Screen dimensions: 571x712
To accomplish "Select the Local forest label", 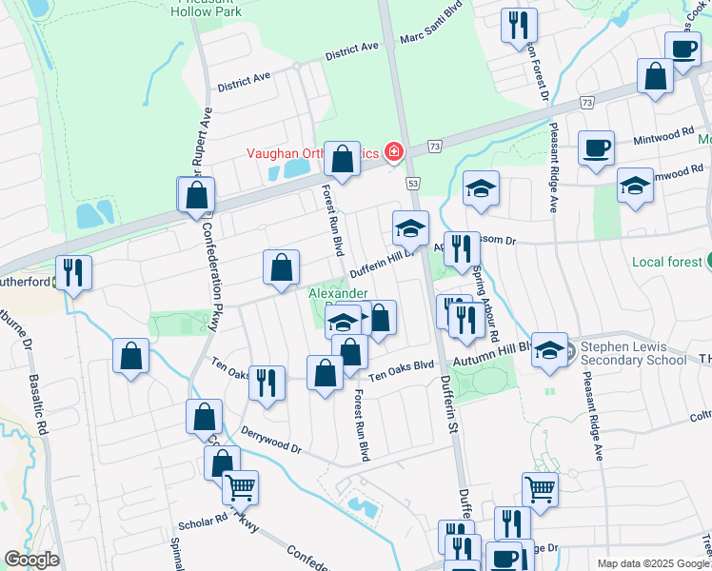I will pos(663,261).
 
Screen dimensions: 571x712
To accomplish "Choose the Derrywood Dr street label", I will pos(271,440).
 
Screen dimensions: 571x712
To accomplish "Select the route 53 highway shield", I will pos(412,181).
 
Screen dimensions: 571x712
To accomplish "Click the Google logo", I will pos(31,560).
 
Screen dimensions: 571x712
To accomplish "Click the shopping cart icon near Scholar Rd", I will pos(241,487).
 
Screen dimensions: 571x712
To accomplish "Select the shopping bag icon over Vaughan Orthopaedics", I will pos(342,158).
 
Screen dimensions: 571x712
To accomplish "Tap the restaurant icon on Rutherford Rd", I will pos(73,273).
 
